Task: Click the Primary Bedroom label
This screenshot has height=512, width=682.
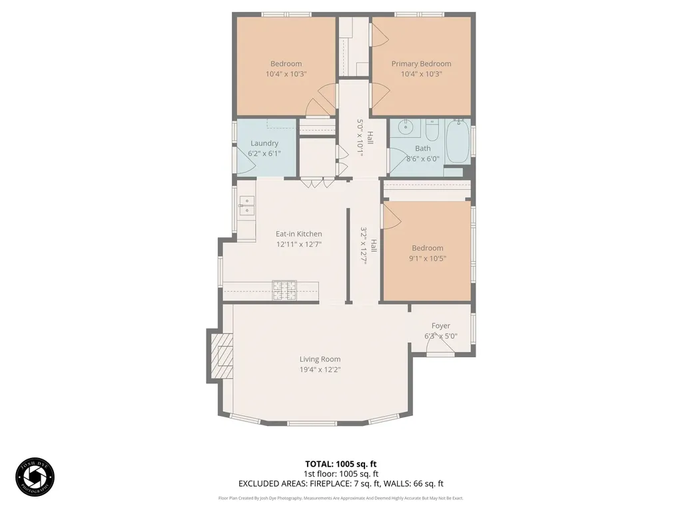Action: coord(421,64)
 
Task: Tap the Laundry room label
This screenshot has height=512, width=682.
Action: coord(264,143)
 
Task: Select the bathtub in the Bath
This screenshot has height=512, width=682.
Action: coord(458,141)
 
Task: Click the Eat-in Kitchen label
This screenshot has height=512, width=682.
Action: coord(299,234)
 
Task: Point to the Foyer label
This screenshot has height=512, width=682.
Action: coord(441,326)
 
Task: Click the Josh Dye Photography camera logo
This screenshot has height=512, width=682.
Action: coord(35,477)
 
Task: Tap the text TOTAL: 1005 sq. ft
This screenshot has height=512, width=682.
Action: coord(341,463)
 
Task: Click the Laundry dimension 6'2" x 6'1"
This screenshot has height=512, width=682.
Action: coord(264,153)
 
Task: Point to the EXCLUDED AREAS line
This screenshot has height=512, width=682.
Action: coord(341,483)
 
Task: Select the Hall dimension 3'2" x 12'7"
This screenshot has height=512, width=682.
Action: coord(364,246)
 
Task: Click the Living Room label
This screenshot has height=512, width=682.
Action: coord(320,359)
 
